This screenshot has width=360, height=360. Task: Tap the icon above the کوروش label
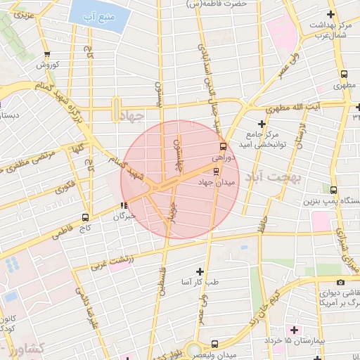coord(47,54)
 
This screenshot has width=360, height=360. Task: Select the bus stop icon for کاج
coord(86,217)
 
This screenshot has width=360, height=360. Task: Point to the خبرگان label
coord(124,217)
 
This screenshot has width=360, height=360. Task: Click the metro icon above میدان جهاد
coord(216,171)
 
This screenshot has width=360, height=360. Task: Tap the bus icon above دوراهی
coord(223,147)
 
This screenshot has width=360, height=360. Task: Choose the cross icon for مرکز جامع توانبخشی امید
coord(262,123)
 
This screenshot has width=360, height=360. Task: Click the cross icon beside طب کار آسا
coord(200,271)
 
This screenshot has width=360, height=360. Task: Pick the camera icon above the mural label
coord(340,282)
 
